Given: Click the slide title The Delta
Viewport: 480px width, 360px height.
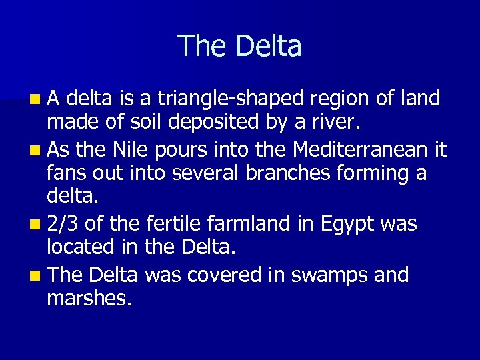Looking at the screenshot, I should (x=240, y=46).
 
